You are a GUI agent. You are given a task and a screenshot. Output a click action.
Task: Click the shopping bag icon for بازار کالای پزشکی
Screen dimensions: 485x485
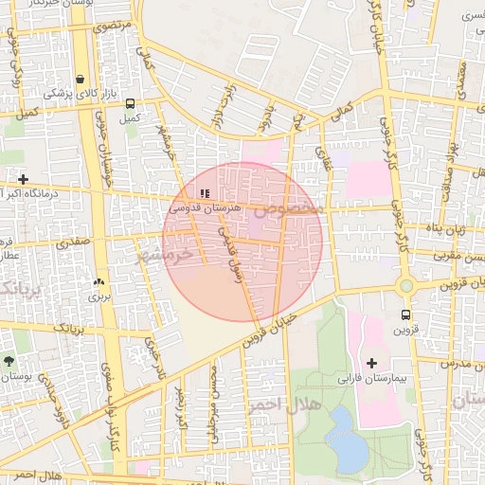click(81, 79)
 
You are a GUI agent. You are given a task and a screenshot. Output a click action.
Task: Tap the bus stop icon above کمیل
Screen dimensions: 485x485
click(130, 104)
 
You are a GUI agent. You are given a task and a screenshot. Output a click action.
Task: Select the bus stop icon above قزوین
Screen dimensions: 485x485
click(406, 315)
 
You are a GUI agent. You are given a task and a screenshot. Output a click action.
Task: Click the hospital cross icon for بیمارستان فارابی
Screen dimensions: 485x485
click(371, 363)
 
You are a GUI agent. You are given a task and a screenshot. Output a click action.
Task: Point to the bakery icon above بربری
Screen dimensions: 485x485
click(99, 282)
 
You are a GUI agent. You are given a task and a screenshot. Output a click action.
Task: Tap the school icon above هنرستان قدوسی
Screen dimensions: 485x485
click(206, 192)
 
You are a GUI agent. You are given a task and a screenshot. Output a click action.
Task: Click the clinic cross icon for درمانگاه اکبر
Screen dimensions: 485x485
click(23, 179)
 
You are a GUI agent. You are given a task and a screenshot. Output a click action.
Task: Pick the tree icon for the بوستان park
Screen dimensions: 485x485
click(9, 361)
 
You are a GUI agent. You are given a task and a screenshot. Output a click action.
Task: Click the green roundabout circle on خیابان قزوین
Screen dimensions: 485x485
click(406, 285)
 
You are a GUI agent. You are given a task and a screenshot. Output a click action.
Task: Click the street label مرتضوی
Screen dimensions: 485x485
click(113, 26)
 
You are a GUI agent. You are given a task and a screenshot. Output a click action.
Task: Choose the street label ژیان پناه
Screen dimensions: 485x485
click(445, 228)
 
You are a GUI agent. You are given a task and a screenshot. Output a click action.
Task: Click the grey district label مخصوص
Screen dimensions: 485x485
click(294, 206)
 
